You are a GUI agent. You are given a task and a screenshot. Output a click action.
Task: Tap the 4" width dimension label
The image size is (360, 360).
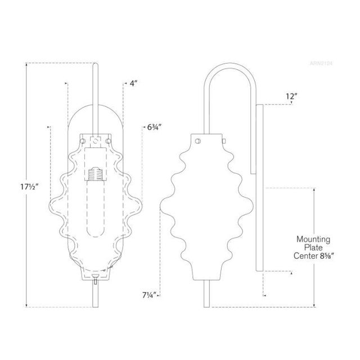point(133,83)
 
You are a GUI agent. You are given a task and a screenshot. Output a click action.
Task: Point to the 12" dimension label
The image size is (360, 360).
point(291,97)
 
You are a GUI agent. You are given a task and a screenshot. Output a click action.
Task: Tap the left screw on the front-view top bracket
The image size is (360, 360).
point(86,137)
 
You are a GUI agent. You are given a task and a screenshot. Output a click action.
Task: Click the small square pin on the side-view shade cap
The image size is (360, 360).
point(224,139)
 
